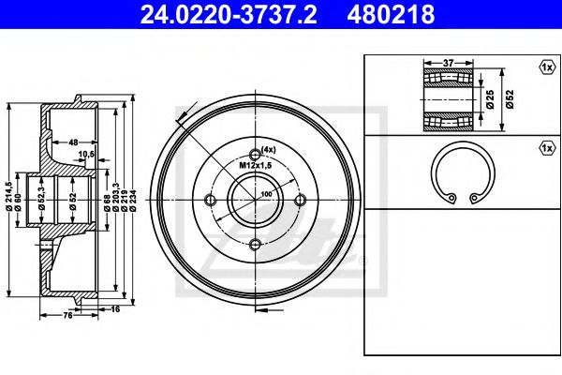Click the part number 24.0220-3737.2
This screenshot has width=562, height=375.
(229, 14)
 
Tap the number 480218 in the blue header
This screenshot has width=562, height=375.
(391, 14)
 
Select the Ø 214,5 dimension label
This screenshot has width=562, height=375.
(9, 196)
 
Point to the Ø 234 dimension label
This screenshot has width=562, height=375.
(133, 199)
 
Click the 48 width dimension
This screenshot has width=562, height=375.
(73, 142)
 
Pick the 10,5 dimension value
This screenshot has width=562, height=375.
(86, 154)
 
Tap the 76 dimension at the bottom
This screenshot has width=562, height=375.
(67, 315)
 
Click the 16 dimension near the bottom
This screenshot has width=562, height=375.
(115, 309)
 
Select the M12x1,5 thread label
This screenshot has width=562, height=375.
(256, 165)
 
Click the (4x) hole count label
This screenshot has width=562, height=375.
(269, 150)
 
